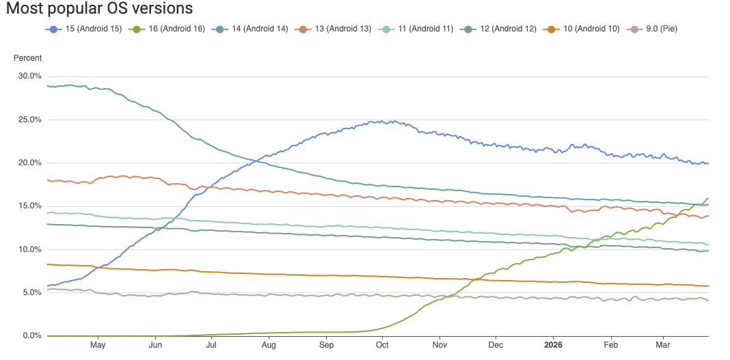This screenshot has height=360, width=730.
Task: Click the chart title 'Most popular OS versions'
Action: click(x=99, y=9)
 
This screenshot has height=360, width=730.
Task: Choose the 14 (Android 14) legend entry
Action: click(x=250, y=29)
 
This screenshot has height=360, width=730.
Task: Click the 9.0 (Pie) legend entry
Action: click(x=653, y=29)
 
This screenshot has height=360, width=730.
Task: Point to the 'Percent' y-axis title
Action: click(x=27, y=58)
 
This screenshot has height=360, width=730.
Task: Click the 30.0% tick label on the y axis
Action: click(x=30, y=76)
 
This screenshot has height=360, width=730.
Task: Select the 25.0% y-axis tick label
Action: click(x=30, y=120)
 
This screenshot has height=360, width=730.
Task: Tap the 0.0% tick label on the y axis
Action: click(x=32, y=335)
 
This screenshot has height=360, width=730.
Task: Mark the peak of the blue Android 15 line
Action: click(x=378, y=121)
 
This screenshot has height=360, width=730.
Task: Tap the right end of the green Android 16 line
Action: click(x=708, y=198)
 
